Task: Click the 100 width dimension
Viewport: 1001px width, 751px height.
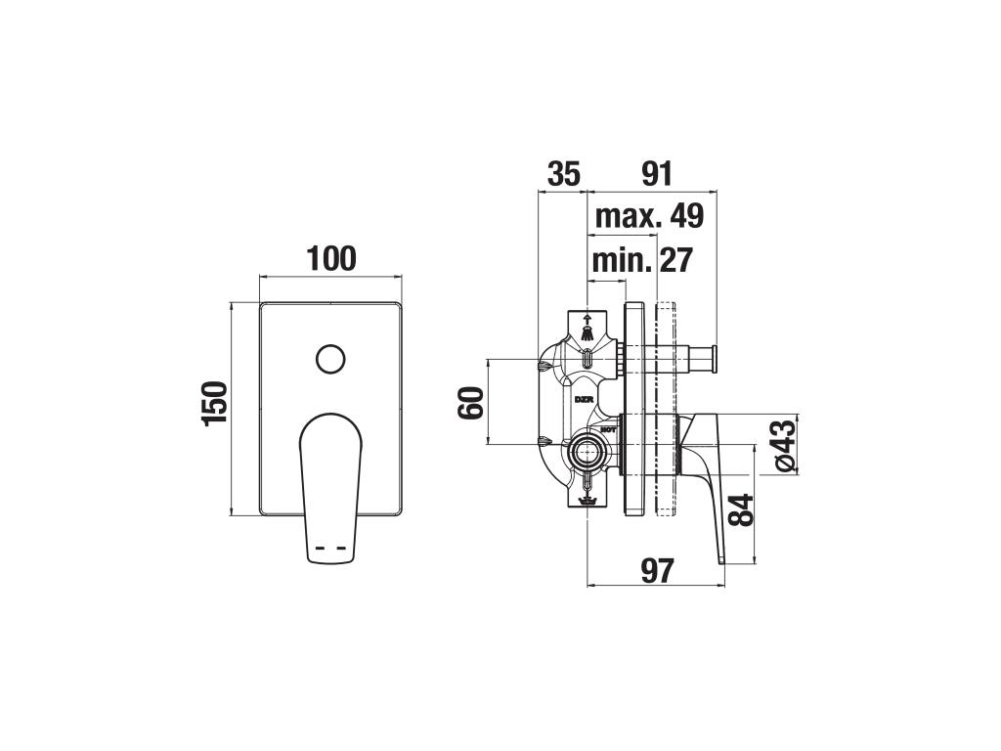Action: (x=331, y=258)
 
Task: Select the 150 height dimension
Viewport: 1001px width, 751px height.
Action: (x=214, y=403)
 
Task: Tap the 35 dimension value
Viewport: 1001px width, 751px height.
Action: (x=564, y=174)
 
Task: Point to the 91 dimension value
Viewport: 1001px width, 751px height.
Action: (x=657, y=174)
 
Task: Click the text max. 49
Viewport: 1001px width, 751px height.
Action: (x=649, y=216)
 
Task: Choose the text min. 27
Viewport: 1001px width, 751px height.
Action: (x=641, y=260)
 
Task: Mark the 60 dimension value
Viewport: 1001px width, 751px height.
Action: (x=471, y=402)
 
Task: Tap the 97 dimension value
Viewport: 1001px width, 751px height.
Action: (x=657, y=570)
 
